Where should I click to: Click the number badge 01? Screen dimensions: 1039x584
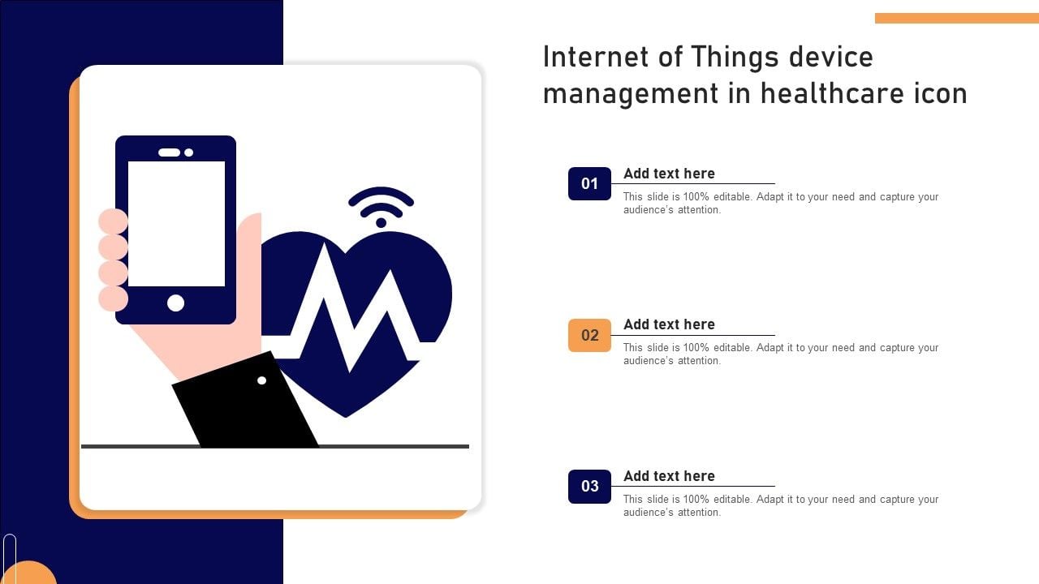tap(589, 183)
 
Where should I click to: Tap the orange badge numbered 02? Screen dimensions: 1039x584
tap(589, 335)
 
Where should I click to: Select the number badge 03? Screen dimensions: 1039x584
tap(589, 486)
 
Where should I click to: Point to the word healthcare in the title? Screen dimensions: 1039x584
tap(833, 93)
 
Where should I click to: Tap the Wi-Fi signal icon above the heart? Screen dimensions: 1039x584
tap(381, 207)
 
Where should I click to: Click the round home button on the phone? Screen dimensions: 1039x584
tap(175, 303)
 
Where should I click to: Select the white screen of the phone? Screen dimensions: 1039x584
tap(176, 224)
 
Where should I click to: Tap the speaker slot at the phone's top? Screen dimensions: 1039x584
tap(170, 152)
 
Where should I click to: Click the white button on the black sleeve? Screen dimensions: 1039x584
tap(261, 380)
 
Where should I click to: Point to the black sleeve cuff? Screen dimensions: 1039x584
tap(244, 400)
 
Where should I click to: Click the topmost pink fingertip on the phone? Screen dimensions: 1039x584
tap(113, 221)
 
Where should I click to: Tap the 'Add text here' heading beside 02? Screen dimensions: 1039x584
tap(669, 324)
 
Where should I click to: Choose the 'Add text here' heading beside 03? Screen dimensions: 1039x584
tap(669, 476)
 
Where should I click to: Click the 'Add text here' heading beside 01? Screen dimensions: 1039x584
tap(669, 174)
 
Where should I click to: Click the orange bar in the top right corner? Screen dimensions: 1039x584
tap(957, 18)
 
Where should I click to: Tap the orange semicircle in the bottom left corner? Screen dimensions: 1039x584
tap(28, 573)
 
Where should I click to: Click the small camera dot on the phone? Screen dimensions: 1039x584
tap(189, 152)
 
